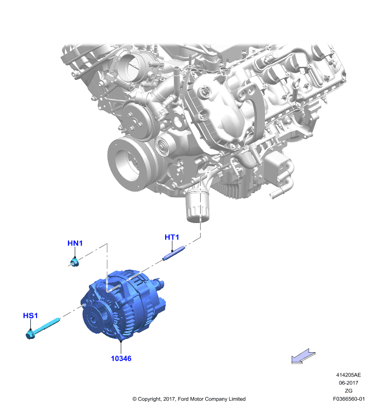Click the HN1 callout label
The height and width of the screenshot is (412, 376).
(x=75, y=243)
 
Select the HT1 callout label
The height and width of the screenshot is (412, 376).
(x=172, y=237)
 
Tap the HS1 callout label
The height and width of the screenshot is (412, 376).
(x=30, y=315)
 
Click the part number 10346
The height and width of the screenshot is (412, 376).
(x=121, y=358)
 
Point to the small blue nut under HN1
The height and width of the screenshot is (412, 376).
(x=75, y=262)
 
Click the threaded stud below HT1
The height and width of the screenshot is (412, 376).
(x=174, y=253)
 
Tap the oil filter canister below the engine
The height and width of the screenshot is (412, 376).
(x=198, y=207)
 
